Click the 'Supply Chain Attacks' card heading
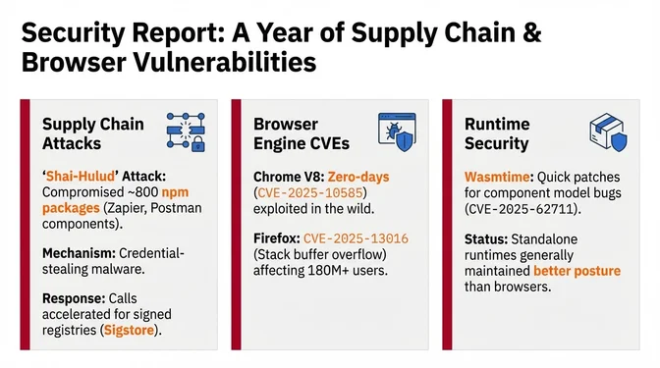pos(92,134)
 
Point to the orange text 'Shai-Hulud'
pos(76,178)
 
